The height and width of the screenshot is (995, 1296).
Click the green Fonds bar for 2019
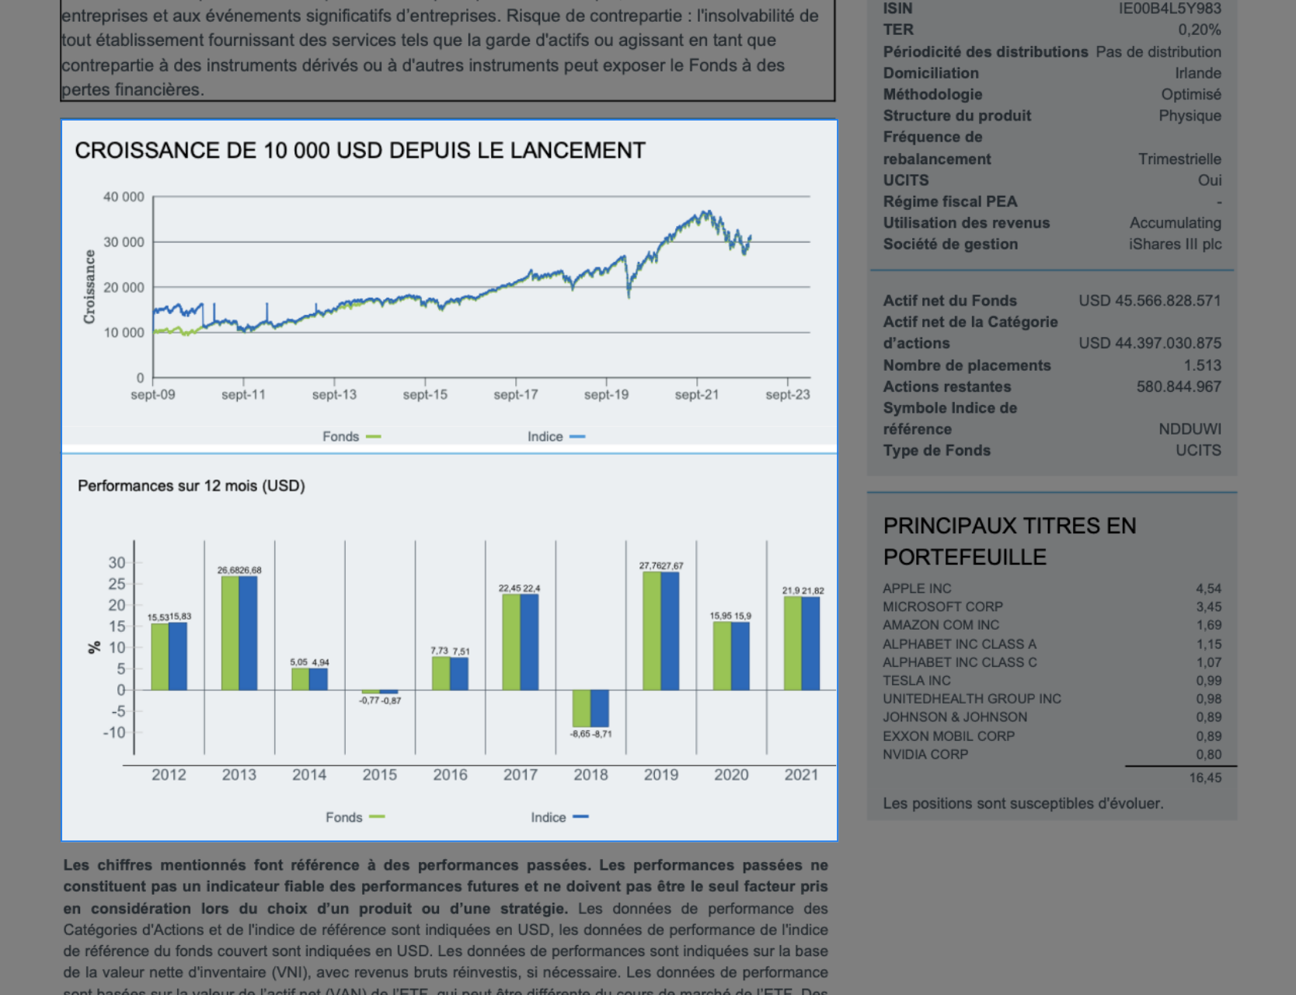pos(652,631)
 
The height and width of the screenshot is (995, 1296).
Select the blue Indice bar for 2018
pos(600,708)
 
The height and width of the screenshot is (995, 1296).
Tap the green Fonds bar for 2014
pos(300,679)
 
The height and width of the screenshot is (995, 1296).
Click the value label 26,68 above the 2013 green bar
pos(228,570)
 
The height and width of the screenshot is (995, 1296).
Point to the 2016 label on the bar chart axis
pos(450,775)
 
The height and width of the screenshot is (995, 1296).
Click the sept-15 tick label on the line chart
pos(425,395)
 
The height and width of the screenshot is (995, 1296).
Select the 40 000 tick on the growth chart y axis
pos(124,197)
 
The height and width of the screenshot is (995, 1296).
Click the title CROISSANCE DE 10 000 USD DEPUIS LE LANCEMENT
pos(360,150)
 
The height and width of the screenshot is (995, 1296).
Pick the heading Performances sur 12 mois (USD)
pos(191,486)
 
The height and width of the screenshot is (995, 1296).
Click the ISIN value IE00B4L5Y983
pos(1169,9)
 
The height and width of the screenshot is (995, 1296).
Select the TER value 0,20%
pos(1199,30)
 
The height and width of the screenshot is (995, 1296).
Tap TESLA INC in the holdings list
pos(916,681)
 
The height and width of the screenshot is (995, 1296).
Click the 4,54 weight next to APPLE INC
pos(1208,589)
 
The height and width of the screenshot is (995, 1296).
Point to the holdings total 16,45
pos(1204,778)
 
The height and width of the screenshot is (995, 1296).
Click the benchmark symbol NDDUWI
pos(1190,429)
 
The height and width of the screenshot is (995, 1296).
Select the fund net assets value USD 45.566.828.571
pos(1149,301)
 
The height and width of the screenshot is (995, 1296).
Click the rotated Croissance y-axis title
pos(89,287)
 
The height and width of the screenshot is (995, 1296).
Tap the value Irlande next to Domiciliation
pos(1197,73)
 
